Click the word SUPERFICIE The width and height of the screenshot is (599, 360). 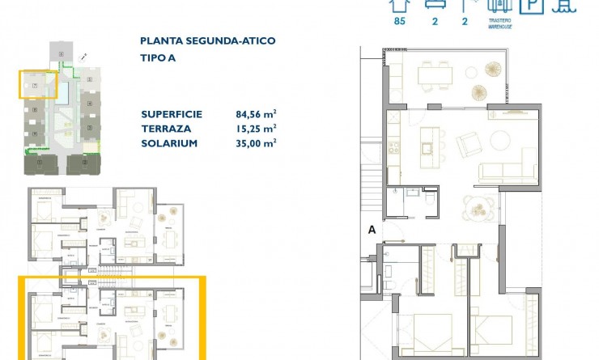tap(172, 114)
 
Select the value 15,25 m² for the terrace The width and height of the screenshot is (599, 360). tap(257, 129)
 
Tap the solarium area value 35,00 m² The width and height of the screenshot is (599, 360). tap(257, 143)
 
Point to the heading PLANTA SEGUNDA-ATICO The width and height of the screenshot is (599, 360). tap(208, 40)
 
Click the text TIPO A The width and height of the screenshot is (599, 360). tap(159, 58)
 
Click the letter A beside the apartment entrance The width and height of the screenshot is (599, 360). tap(372, 230)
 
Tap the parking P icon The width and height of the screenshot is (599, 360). tap(530, 6)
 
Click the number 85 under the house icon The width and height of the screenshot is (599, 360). tap(398, 22)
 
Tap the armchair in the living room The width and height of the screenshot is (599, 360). tap(470, 145)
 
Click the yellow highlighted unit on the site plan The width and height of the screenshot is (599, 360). tap(39, 85)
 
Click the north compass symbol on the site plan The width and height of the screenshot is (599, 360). tap(85, 55)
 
